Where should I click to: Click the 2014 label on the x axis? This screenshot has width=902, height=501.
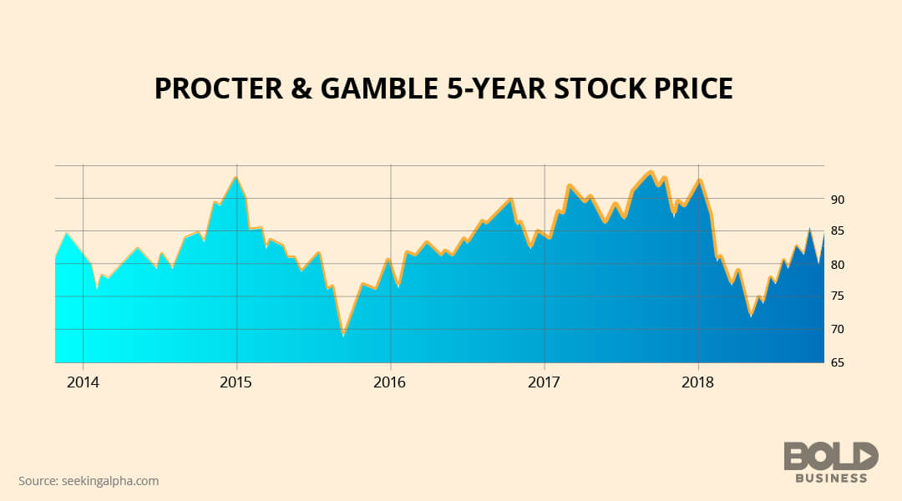click(83, 382)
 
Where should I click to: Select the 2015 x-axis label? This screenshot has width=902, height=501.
click(236, 382)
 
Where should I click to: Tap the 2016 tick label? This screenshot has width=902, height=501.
click(390, 382)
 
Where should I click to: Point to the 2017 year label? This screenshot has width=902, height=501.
click(544, 382)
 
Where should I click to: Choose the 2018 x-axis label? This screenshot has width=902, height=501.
click(697, 382)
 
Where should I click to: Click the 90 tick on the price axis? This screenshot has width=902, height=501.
click(837, 200)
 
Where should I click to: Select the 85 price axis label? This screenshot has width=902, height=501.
click(837, 231)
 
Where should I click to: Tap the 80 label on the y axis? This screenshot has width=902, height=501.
click(837, 265)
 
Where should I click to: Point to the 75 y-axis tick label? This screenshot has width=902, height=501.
click(837, 296)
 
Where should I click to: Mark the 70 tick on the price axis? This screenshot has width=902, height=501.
click(837, 330)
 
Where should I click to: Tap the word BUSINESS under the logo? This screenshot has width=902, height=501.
click(830, 478)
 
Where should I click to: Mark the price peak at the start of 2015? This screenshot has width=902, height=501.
click(236, 176)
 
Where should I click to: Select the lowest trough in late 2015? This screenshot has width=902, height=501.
click(342, 335)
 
